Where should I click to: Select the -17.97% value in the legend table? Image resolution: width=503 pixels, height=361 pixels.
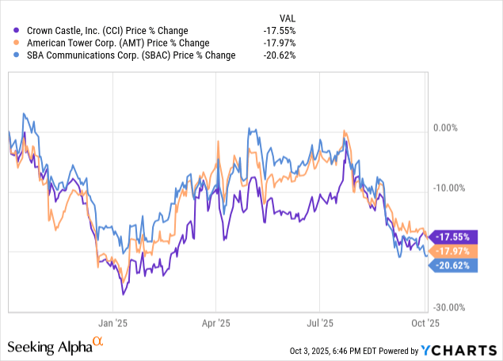click(287, 43)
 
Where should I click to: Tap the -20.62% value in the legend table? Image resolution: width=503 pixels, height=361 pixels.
click(287, 55)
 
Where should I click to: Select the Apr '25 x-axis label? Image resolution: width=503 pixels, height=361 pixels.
click(215, 323)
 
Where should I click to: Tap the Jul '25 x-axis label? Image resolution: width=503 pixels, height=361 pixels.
click(318, 323)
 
